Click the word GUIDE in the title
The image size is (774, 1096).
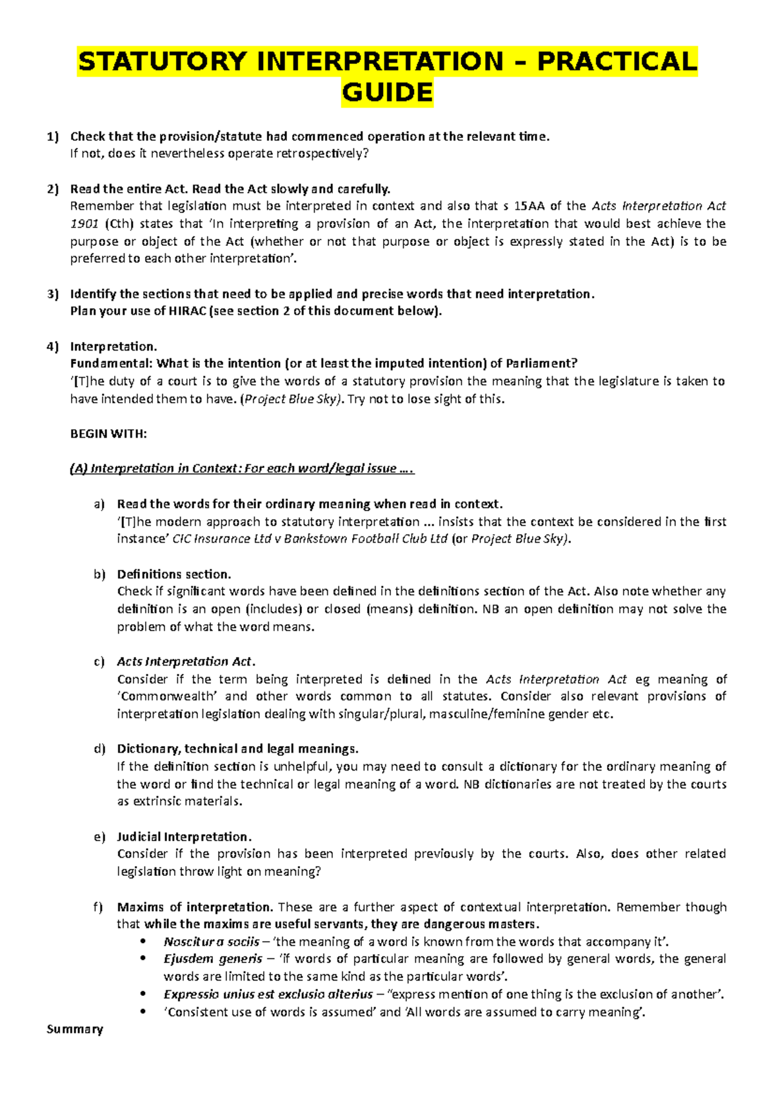pos(387,93)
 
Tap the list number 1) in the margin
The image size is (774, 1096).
pos(52,136)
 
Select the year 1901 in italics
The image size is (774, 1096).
pos(84,224)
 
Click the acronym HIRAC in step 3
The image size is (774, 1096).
pos(187,311)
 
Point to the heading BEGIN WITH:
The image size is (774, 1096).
pos(108,434)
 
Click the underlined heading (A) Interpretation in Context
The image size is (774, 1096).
pos(241,469)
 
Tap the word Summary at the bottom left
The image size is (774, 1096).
pos(75,1029)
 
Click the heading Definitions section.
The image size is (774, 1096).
pos(174,574)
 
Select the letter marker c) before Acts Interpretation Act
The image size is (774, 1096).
pos(99,662)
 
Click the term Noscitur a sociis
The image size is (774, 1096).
pos(211,942)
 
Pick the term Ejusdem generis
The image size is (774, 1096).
pos(213,959)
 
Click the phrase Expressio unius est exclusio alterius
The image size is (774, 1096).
pos(268,994)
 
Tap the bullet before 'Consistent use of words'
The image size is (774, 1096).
pos(143,1012)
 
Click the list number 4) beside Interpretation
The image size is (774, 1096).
pos(52,347)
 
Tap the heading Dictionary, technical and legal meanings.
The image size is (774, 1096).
pos(237,749)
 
